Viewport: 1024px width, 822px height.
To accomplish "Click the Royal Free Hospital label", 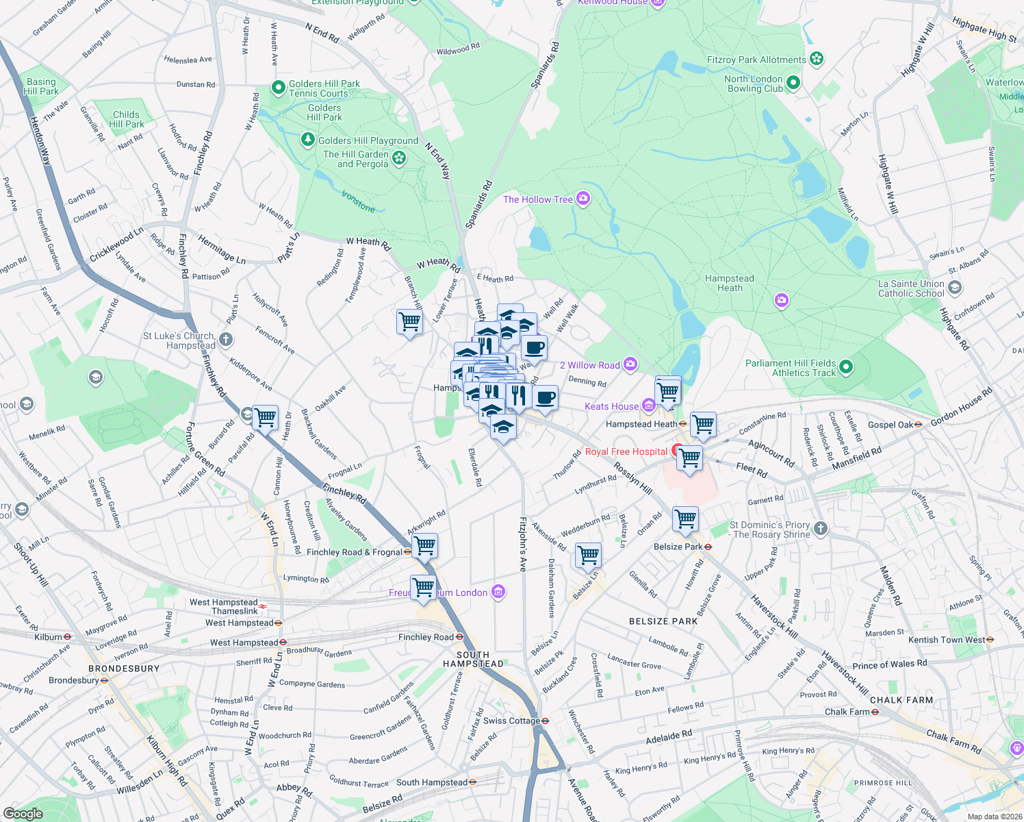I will (626, 452).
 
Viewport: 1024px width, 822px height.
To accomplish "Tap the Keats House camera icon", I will (649, 406).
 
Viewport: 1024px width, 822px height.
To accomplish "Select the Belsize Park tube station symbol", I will (708, 547).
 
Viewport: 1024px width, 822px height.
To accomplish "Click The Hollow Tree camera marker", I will (583, 199).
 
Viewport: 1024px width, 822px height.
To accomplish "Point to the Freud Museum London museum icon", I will (498, 593).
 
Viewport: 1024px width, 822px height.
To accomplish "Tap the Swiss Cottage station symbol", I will (546, 721).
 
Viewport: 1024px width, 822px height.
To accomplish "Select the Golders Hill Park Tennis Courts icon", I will (278, 88).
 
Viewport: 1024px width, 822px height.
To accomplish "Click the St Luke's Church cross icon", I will (226, 340).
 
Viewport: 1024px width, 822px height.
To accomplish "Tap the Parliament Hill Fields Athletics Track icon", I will (846, 368).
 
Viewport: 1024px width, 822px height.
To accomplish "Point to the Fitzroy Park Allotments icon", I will (817, 59).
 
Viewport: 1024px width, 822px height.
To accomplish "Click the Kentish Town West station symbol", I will (990, 640).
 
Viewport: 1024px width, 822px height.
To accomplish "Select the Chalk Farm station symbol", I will (875, 712).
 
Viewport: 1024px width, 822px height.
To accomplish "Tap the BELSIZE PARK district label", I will (663, 621).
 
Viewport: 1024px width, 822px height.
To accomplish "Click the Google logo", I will (23, 813).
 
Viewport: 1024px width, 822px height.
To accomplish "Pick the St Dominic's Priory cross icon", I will (821, 528).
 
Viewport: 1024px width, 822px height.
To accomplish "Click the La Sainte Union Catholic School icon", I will (956, 288).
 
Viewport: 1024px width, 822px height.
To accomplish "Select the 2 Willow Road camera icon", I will (630, 364).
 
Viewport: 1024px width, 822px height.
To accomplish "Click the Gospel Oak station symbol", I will (918, 425).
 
